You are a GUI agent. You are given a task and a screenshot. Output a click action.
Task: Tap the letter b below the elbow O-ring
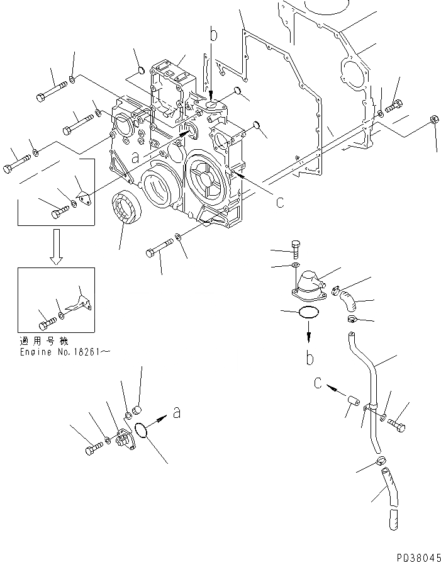pyautogui.click(x=310, y=359)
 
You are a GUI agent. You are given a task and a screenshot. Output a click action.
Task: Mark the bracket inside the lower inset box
pyautogui.click(x=80, y=302)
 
